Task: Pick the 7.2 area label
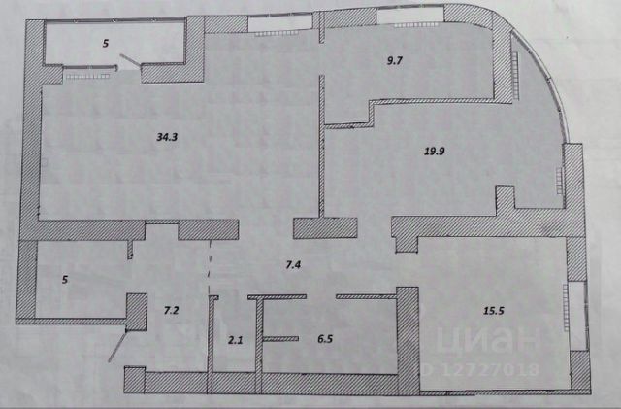pyautogui.click(x=170, y=310)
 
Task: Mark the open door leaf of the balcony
pyautogui.click(x=127, y=61)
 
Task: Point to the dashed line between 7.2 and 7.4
pyautogui.click(x=211, y=267)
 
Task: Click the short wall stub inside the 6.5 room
pyautogui.click(x=281, y=337)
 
